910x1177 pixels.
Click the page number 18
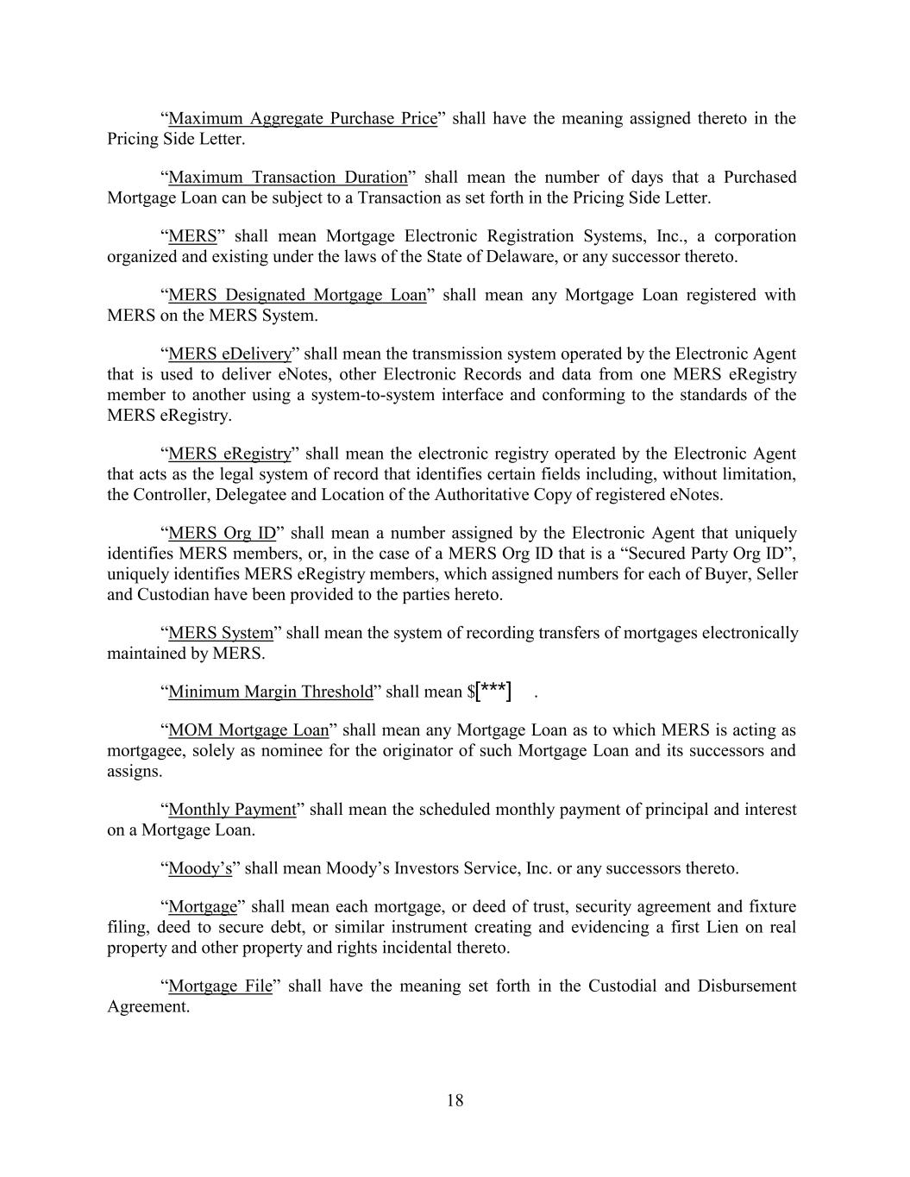[x=455, y=1100]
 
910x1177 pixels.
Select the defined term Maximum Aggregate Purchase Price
[x=303, y=118]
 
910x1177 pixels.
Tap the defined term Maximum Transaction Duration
[x=287, y=177]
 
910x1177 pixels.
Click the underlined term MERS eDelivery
[x=229, y=354]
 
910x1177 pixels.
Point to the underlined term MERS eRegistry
[x=229, y=454]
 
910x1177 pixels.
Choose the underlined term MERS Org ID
[x=222, y=533]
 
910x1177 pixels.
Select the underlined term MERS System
[x=220, y=633]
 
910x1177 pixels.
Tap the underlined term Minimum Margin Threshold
[x=270, y=692]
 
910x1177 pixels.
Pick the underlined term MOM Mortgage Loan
[x=248, y=730]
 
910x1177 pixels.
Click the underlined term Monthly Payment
[x=232, y=810]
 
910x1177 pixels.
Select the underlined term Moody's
[x=200, y=868]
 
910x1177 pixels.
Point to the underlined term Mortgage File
[x=220, y=986]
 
